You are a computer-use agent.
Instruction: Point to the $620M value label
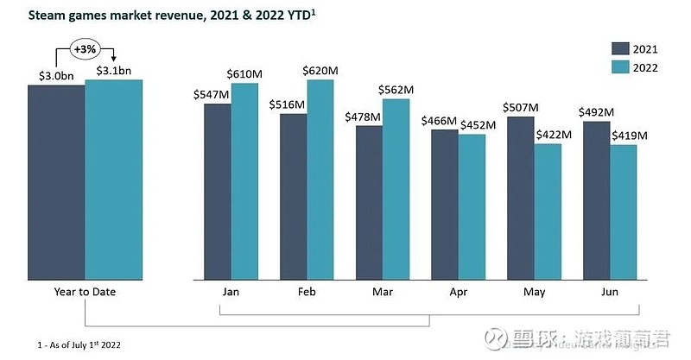(x=321, y=70)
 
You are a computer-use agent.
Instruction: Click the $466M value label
(x=439, y=120)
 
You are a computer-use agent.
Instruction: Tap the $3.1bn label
(x=113, y=71)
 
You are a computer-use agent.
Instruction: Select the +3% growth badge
(x=85, y=49)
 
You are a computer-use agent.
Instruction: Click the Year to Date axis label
(x=84, y=292)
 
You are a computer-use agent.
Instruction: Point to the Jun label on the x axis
(x=610, y=292)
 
